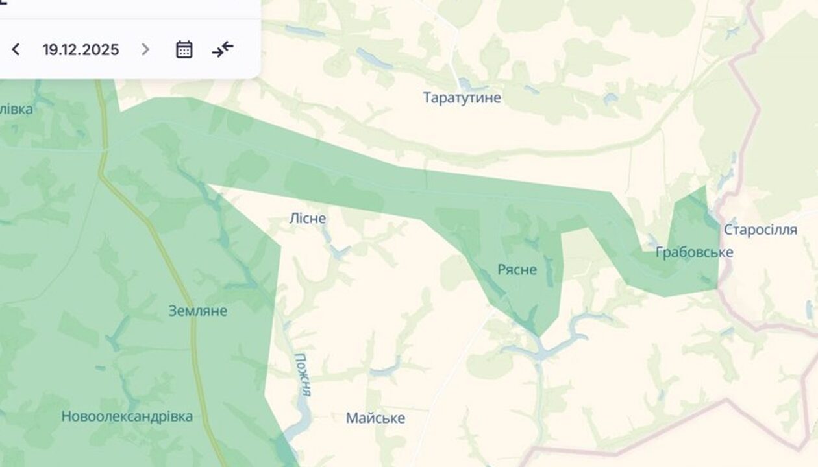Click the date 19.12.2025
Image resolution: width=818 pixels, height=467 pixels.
(x=81, y=50)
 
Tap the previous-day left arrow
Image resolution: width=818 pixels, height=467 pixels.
(x=16, y=50)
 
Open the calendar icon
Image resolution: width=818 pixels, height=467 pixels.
(x=184, y=50)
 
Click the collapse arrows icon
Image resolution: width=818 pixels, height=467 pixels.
(x=223, y=49)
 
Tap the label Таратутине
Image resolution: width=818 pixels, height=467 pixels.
(x=462, y=98)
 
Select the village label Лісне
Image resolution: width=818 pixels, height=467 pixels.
(x=307, y=219)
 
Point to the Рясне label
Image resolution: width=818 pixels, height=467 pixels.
(x=517, y=270)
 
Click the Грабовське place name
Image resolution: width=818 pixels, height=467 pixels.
(x=694, y=252)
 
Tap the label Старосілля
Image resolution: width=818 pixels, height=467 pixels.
(x=760, y=230)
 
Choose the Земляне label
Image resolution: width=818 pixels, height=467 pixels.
(x=198, y=311)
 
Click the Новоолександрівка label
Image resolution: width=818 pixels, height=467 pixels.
(x=127, y=416)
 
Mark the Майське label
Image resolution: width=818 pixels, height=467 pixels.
(x=375, y=418)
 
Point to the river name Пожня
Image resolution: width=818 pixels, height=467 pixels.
(x=303, y=374)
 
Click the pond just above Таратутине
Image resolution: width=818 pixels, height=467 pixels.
(x=465, y=84)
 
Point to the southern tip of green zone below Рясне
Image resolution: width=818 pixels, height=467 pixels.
(x=538, y=335)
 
